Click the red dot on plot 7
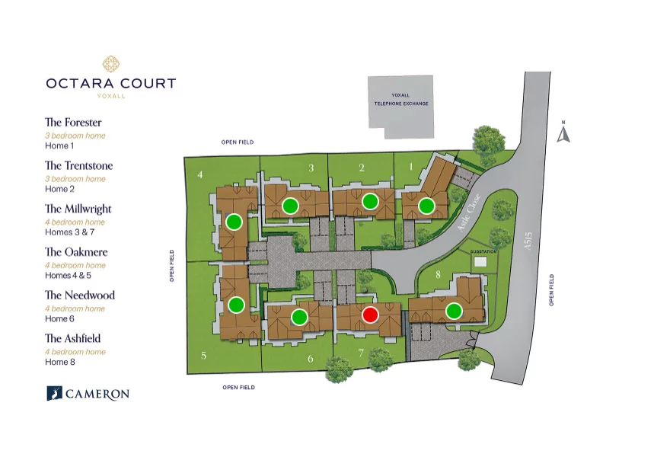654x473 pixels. click(x=370, y=315)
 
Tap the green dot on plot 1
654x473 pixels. click(x=426, y=206)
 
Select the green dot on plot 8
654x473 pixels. click(x=454, y=311)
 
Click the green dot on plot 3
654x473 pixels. click(x=290, y=206)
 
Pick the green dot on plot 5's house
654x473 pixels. click(x=236, y=305)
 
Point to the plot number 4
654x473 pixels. click(x=199, y=174)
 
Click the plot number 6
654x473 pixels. click(x=310, y=359)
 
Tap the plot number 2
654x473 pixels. click(x=362, y=168)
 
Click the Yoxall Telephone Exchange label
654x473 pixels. click(x=400, y=99)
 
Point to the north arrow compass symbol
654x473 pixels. click(x=563, y=133)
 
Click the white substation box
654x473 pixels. click(x=480, y=261)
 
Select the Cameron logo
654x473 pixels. click(x=88, y=393)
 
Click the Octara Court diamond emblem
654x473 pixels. click(x=110, y=63)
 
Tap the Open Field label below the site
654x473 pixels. click(x=238, y=388)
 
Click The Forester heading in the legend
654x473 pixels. click(x=73, y=122)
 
